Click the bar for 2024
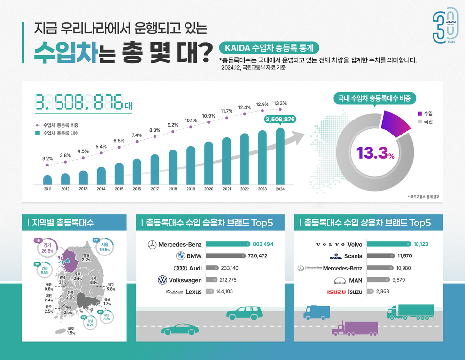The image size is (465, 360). (280, 157)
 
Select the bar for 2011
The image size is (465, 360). (47, 180)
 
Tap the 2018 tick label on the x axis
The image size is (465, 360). (173, 189)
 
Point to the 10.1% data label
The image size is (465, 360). (190, 120)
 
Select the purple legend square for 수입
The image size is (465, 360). (420, 113)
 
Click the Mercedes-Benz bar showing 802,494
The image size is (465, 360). (228, 244)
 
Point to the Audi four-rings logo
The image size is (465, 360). (180, 268)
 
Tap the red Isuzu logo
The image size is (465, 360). (336, 292)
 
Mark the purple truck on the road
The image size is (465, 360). (354, 329)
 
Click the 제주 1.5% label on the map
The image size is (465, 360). (71, 330)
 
